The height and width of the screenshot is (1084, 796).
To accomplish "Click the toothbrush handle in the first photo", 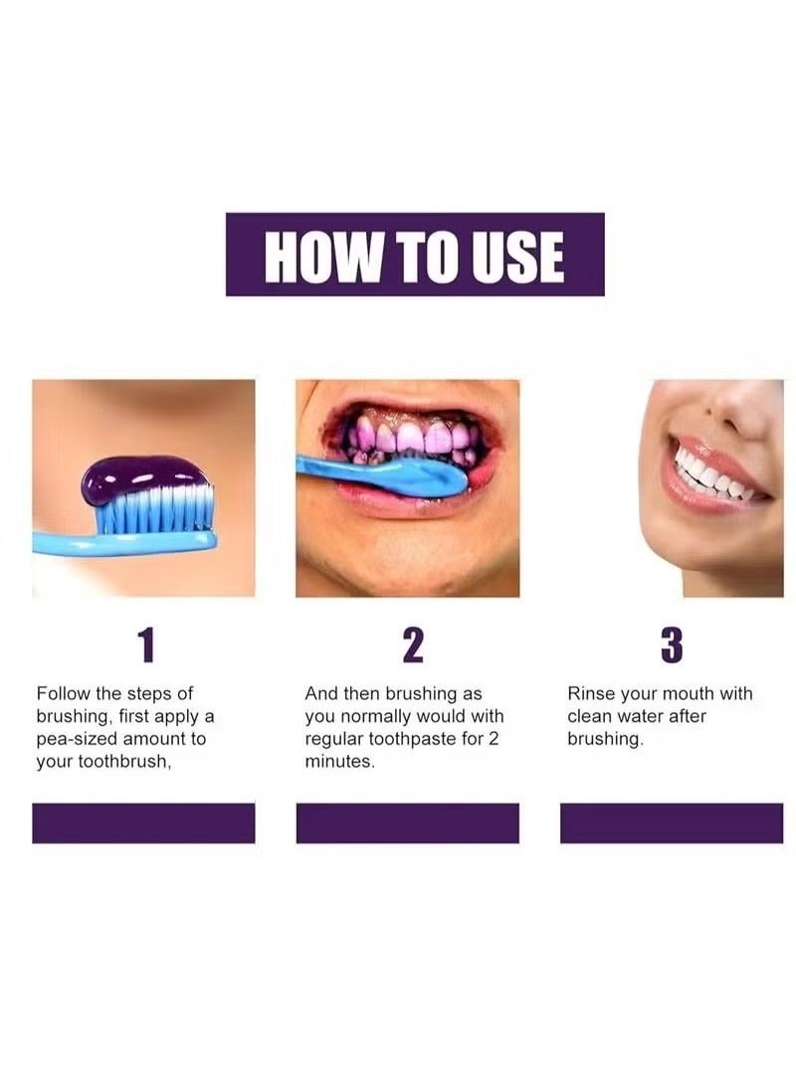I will pyautogui.click(x=70, y=543).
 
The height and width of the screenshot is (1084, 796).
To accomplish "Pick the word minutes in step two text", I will pyautogui.click(x=338, y=762).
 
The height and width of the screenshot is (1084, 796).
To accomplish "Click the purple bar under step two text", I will pyautogui.click(x=408, y=823).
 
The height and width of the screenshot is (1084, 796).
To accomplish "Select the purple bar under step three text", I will pyautogui.click(x=671, y=823).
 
